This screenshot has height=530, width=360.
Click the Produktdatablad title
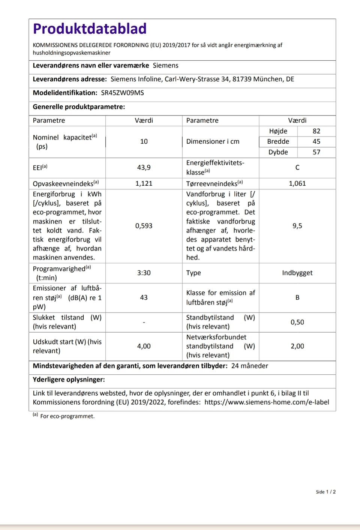pyautogui.click(x=90, y=29)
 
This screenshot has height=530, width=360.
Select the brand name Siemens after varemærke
pyautogui.click(x=165, y=66)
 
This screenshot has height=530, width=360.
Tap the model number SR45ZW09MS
pyautogui.click(x=122, y=93)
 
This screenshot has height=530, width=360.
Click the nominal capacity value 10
pyautogui.click(x=144, y=141)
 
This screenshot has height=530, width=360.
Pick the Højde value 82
pyautogui.click(x=316, y=131)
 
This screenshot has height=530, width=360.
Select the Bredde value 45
pyautogui.click(x=316, y=141)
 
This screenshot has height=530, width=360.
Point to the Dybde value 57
pyautogui.click(x=316, y=152)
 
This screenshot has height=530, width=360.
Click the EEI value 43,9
pyautogui.click(x=144, y=168)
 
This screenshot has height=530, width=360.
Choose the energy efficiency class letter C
pyautogui.click(x=297, y=168)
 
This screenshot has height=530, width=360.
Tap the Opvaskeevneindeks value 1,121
pyautogui.click(x=144, y=183)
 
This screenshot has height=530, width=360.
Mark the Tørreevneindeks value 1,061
pyautogui.click(x=297, y=183)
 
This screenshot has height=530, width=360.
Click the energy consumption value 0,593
pyautogui.click(x=144, y=226)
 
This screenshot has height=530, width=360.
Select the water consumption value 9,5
pyautogui.click(x=297, y=226)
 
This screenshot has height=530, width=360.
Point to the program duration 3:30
pyautogui.click(x=144, y=273)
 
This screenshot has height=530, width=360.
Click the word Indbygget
pyautogui.click(x=297, y=273)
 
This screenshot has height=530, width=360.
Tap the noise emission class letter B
pyautogui.click(x=297, y=297)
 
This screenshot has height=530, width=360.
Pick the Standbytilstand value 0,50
pyautogui.click(x=297, y=322)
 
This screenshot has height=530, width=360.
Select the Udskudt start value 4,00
pyautogui.click(x=144, y=346)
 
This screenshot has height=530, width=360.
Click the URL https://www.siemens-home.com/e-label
pyautogui.click(x=267, y=402)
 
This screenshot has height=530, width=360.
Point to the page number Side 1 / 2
pyautogui.click(x=325, y=492)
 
